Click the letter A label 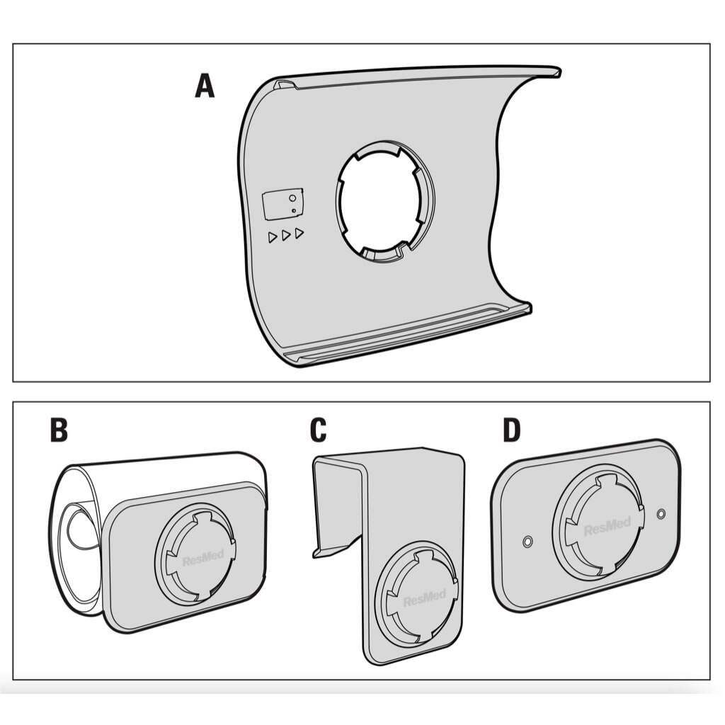(x=204, y=86)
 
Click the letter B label (x=59, y=430)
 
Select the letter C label (x=318, y=430)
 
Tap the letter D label (x=511, y=430)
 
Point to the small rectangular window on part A (x=282, y=204)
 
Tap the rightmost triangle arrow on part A (x=299, y=233)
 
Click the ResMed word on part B (x=202, y=558)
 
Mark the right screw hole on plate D (x=661, y=512)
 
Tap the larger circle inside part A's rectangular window (x=292, y=200)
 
